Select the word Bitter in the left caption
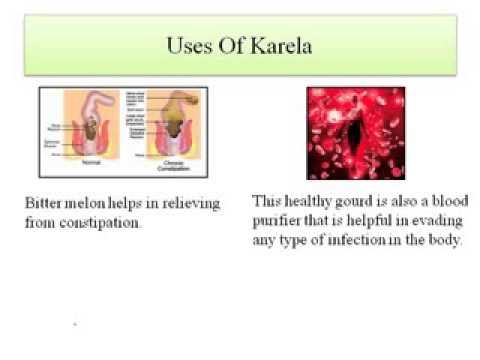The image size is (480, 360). [x=41, y=202]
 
